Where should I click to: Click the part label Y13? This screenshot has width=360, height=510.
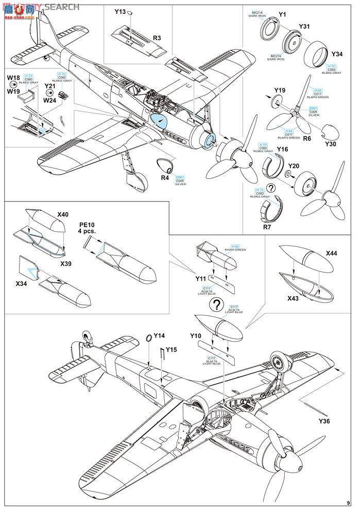coord(121,11)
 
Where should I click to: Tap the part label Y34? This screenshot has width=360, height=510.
coord(337,54)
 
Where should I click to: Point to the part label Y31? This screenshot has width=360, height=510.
coord(304,27)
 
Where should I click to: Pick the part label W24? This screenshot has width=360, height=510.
coord(50,101)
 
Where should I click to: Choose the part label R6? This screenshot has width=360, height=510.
coord(307,139)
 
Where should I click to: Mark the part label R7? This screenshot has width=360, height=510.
coord(268,227)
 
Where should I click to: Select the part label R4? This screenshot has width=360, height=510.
coord(165,178)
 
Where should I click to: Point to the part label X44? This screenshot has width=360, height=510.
coord(332,254)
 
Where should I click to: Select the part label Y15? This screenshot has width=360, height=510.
coord(172,349)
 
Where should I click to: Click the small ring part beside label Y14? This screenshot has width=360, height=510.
coord(148,337)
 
